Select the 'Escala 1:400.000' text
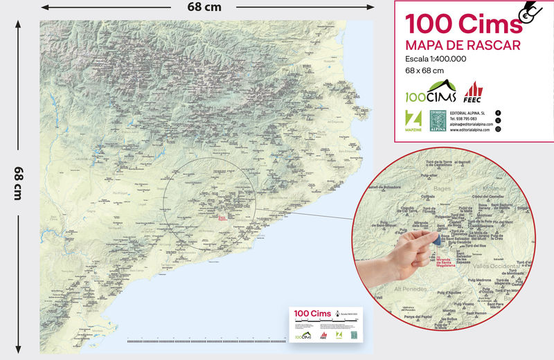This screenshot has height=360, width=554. pyautogui.click(x=436, y=59)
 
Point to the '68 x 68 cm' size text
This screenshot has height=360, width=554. pyautogui.click(x=425, y=70)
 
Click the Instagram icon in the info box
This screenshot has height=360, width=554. pyautogui.click(x=498, y=129)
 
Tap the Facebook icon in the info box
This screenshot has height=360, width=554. pyautogui.click(x=498, y=112)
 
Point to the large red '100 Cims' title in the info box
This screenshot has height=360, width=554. pyautogui.click(x=463, y=24)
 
